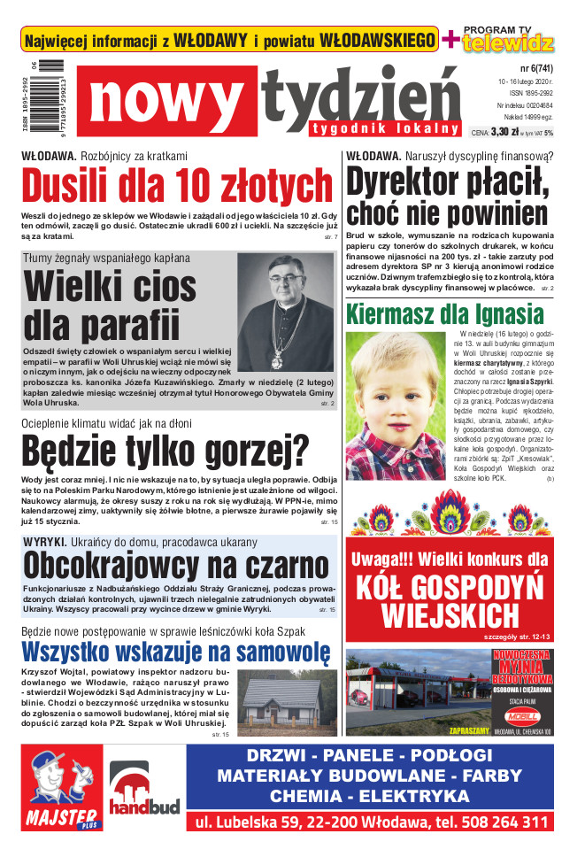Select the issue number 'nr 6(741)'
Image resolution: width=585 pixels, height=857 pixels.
point(529,66)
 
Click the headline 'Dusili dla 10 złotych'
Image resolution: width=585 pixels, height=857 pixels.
point(177,187)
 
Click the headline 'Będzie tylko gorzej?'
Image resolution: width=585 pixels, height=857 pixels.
point(165,451)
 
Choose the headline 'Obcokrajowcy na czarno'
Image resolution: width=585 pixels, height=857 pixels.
point(176,564)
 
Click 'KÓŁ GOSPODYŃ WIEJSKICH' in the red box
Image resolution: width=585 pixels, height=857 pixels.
point(450,601)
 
